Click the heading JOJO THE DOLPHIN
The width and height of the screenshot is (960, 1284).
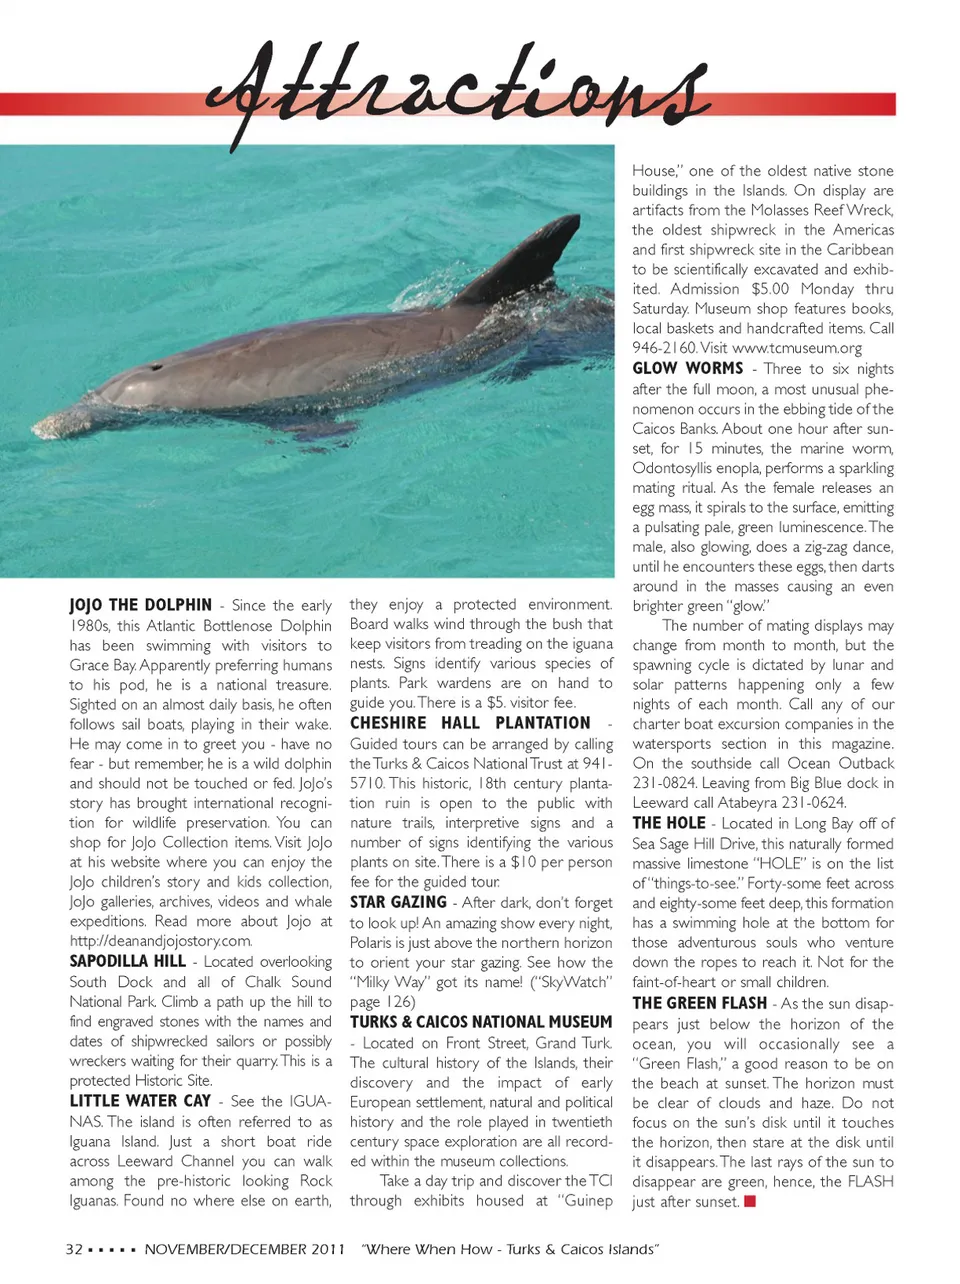140,605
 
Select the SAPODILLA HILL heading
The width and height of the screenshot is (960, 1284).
127,961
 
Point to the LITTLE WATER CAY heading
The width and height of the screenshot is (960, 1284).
140,1100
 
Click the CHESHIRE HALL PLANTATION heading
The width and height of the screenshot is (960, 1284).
470,723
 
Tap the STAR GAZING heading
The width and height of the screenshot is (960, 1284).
398,902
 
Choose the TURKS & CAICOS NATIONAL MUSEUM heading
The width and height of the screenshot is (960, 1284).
480,1022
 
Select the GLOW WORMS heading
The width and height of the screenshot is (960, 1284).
687,368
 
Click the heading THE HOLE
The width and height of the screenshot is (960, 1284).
668,823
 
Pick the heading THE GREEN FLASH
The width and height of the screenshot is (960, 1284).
699,1003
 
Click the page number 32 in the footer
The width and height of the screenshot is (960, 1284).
74,1249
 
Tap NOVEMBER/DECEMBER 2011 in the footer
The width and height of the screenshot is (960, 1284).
244,1249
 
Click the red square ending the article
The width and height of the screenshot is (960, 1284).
750,1201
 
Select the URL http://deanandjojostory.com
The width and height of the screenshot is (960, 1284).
160,941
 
